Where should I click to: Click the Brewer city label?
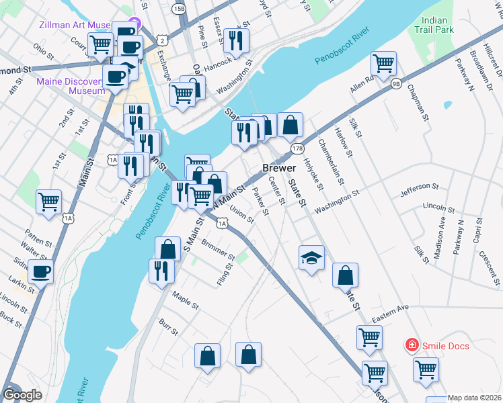[278, 168]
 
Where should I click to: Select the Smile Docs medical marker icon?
[410, 345]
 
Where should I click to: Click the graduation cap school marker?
[311, 258]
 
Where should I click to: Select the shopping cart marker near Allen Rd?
[383, 64]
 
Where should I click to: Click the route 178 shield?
[297, 147]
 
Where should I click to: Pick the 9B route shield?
[396, 84]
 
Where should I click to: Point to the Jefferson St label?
[418, 190]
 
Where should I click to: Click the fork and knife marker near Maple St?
[161, 270]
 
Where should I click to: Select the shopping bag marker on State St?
[345, 275]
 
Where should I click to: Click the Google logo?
[22, 395]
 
